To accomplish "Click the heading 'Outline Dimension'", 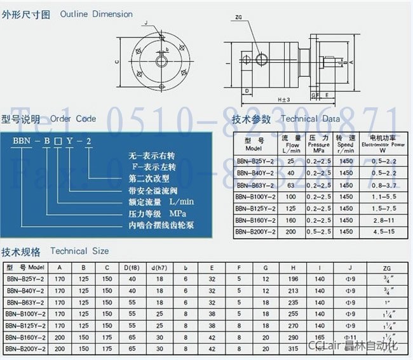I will [97, 14].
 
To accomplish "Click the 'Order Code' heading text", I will [73, 119].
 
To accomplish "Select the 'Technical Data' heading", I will [310, 119].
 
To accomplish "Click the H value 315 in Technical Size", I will [294, 349].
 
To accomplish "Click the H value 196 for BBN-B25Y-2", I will [294, 278].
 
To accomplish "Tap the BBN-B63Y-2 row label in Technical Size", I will [25, 302].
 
